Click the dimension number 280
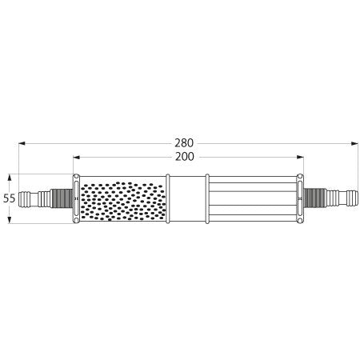pos(183,144)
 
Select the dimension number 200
pos(183,158)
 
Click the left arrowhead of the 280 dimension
pos(22,144)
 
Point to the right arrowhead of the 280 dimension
pos(354,144)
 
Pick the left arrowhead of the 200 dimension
pos(76,158)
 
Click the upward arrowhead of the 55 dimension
pos(9,177)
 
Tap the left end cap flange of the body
pos(75,198)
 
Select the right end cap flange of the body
pos(300,198)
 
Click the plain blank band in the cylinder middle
pos(187,198)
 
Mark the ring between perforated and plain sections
pos(168,198)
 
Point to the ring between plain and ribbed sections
pos(207,198)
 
